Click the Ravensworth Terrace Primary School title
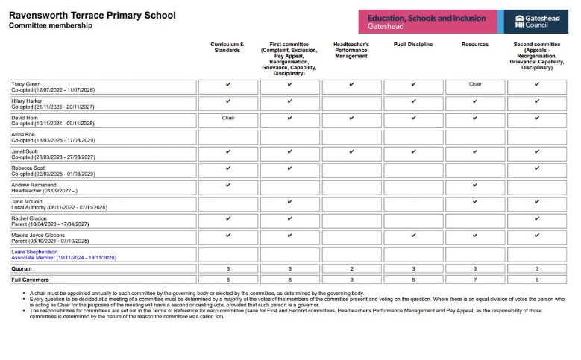click(x=92, y=15)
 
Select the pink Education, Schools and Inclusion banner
click(x=426, y=22)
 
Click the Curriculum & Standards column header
click(x=227, y=48)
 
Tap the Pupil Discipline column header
click(x=412, y=45)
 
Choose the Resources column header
click(x=475, y=45)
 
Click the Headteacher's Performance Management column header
click(x=351, y=51)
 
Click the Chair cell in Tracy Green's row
click(x=475, y=84)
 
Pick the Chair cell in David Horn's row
click(x=227, y=118)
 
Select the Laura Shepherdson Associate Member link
click(x=63, y=255)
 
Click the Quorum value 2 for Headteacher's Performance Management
click(x=351, y=268)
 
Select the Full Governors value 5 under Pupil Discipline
click(x=412, y=280)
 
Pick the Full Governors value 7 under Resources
click(x=475, y=280)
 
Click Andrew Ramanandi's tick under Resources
click(x=475, y=185)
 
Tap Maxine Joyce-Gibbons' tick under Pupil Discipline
click(x=412, y=236)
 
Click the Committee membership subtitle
click(x=50, y=25)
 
